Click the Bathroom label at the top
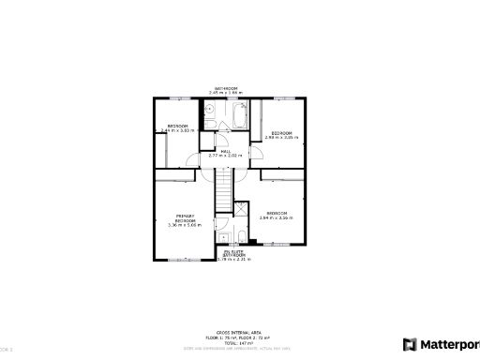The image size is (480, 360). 226,88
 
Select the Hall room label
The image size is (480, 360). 226,150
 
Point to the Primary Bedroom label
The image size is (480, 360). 184,217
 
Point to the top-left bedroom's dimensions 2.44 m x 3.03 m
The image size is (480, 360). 177,130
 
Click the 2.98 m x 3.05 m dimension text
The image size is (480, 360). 282,139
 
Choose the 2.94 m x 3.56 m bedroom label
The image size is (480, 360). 278,217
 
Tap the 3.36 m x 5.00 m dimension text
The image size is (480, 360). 184,225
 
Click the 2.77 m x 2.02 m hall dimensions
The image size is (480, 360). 226,155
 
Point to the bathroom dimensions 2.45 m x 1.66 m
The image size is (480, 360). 226,93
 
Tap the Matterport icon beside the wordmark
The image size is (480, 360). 410,343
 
